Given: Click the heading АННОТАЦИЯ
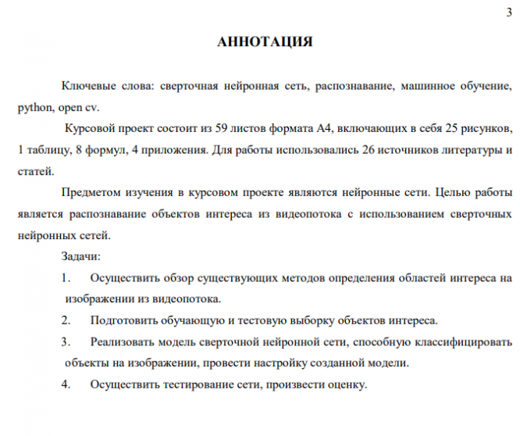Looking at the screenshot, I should [x=265, y=42].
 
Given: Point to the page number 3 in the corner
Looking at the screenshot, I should [x=508, y=9].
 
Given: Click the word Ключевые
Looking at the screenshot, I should [x=87, y=85].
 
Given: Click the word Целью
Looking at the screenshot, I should [x=454, y=192].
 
